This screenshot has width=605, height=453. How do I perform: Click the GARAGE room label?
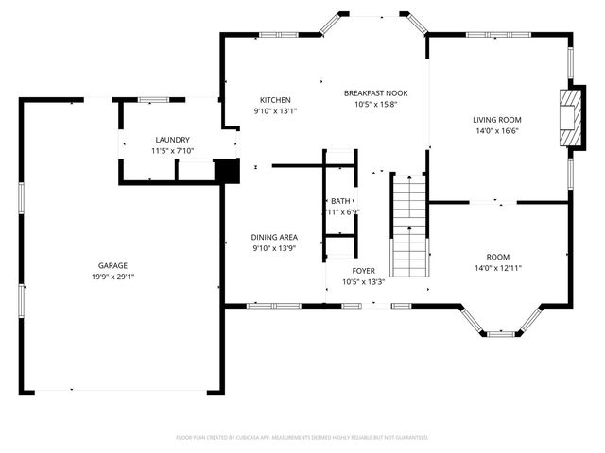click(112, 265)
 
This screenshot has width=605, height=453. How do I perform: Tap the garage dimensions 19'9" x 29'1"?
click(112, 277)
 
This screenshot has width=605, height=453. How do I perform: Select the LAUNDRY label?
click(172, 139)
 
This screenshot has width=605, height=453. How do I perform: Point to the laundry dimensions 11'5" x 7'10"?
click(172, 151)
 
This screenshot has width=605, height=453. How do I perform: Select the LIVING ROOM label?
click(497, 120)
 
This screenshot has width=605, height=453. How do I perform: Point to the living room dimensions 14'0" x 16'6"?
click(497, 131)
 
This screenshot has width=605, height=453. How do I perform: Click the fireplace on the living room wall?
click(568, 119)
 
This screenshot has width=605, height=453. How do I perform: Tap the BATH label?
click(340, 201)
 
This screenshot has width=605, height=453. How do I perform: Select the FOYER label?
click(363, 271)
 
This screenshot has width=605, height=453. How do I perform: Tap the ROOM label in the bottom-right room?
click(497, 257)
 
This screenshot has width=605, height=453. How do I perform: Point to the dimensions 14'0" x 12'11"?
click(497, 268)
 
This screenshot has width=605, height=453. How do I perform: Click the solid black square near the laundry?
click(226, 171)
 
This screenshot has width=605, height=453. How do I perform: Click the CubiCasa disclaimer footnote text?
click(302, 437)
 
